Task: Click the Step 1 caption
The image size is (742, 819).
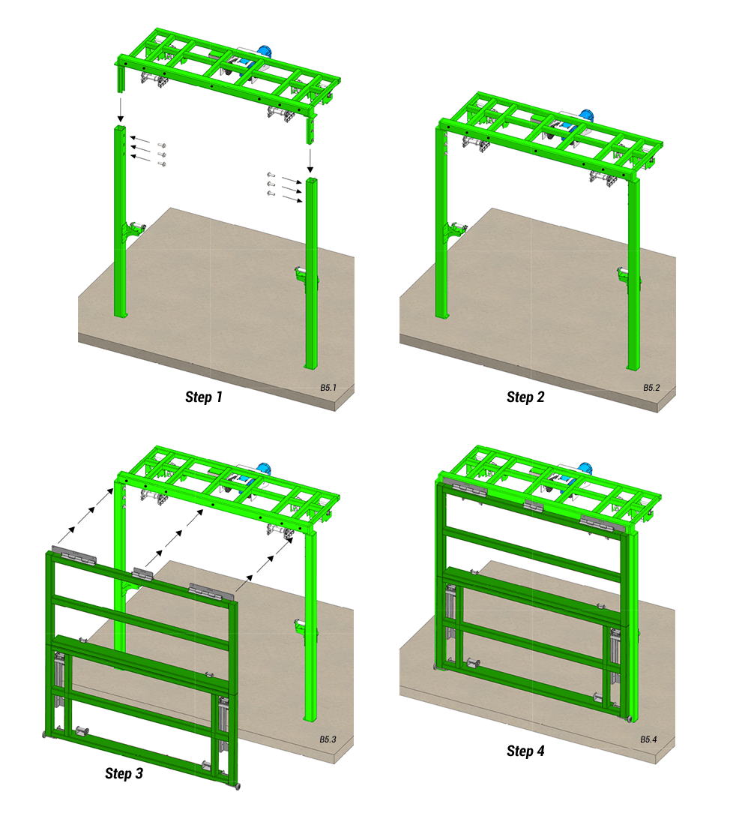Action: point(204,397)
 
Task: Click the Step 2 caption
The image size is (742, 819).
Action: point(525,397)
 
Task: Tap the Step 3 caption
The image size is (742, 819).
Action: point(124,773)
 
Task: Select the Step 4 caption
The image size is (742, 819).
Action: point(525,751)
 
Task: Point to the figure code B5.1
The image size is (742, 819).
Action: point(328,388)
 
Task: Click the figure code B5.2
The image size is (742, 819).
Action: point(651,388)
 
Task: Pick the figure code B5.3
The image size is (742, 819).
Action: point(328,739)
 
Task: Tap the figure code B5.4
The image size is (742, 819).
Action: point(648,739)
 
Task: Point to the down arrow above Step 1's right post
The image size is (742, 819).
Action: point(310,160)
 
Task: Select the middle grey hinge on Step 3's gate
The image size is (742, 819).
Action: point(142,574)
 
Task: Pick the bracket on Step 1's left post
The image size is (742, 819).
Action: point(133,230)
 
